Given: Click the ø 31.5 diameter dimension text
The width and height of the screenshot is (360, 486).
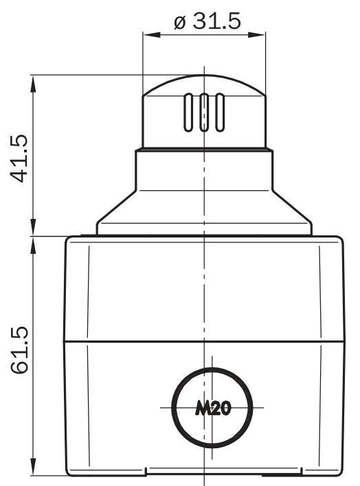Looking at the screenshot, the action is pyautogui.click(x=207, y=21).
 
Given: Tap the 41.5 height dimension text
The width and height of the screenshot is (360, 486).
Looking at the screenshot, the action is pyautogui.click(x=19, y=158).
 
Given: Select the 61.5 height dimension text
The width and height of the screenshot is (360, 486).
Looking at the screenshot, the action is pyautogui.click(x=19, y=350).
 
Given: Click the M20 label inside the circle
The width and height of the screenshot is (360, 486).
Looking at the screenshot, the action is pyautogui.click(x=213, y=408).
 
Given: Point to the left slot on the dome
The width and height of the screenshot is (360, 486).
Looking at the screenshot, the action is pyautogui.click(x=188, y=112).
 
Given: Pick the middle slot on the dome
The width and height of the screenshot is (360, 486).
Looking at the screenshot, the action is pyautogui.click(x=204, y=112).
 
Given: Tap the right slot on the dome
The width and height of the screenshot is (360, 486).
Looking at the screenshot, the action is pyautogui.click(x=220, y=112).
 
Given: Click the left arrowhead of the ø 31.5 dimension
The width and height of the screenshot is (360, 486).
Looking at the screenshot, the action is pyautogui.click(x=151, y=34).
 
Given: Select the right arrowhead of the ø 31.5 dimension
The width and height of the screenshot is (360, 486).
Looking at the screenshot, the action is pyautogui.click(x=257, y=34).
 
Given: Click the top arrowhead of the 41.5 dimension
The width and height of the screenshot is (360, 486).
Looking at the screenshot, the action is pyautogui.click(x=33, y=84).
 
